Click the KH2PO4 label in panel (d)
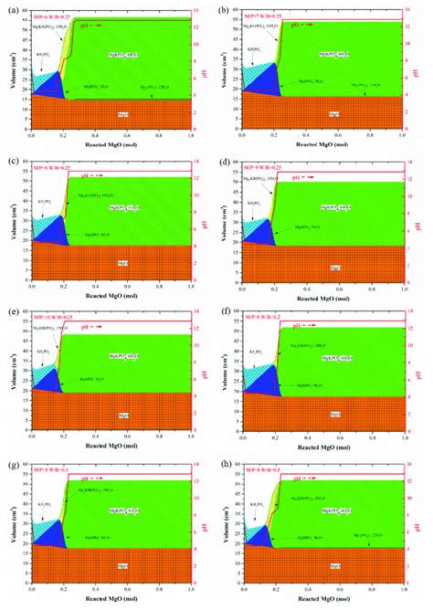coord(253,203)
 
